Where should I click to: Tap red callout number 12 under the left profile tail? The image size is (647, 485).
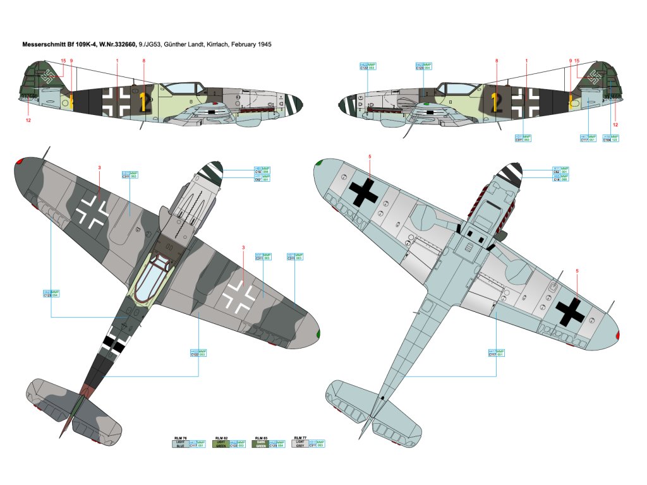[x=28, y=119]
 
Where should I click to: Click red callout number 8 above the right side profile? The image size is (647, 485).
[x=497, y=61]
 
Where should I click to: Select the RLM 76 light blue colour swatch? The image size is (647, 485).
[x=181, y=444]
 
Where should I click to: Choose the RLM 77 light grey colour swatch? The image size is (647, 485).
[x=299, y=444]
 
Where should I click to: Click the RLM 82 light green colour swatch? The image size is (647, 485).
[x=221, y=444]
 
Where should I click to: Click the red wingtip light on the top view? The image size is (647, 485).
[x=19, y=162]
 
